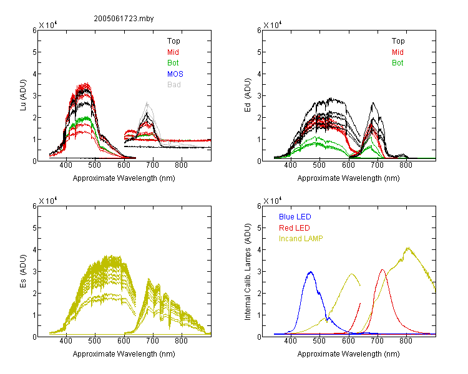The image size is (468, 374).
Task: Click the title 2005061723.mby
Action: (124, 19)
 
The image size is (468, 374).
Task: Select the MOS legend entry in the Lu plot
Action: (175, 74)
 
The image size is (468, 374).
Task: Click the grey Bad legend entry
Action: (173, 85)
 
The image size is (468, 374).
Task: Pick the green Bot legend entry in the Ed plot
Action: (397, 63)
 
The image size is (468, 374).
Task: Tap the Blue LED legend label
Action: (295, 217)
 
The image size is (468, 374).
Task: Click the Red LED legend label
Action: (295, 228)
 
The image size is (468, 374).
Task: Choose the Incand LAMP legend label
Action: (301, 239)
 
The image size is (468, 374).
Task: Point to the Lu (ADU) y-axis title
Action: (23, 95)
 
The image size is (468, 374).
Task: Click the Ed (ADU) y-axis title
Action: (248, 95)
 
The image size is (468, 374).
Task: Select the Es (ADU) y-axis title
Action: (23, 271)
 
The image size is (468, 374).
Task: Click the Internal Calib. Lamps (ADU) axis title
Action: (248, 272)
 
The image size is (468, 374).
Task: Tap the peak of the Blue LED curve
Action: (311, 272)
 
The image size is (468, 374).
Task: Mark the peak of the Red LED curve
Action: (383, 270)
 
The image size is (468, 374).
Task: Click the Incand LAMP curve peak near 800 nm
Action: (408, 247)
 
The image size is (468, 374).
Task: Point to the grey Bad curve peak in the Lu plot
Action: (147, 102)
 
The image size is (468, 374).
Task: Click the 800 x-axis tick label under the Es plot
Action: (181, 341)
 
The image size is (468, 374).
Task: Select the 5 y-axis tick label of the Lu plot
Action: (34, 52)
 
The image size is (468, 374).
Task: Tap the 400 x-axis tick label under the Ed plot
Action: (290, 165)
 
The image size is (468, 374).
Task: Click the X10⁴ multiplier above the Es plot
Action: (48, 201)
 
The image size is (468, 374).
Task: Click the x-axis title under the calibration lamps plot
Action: (348, 354)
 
